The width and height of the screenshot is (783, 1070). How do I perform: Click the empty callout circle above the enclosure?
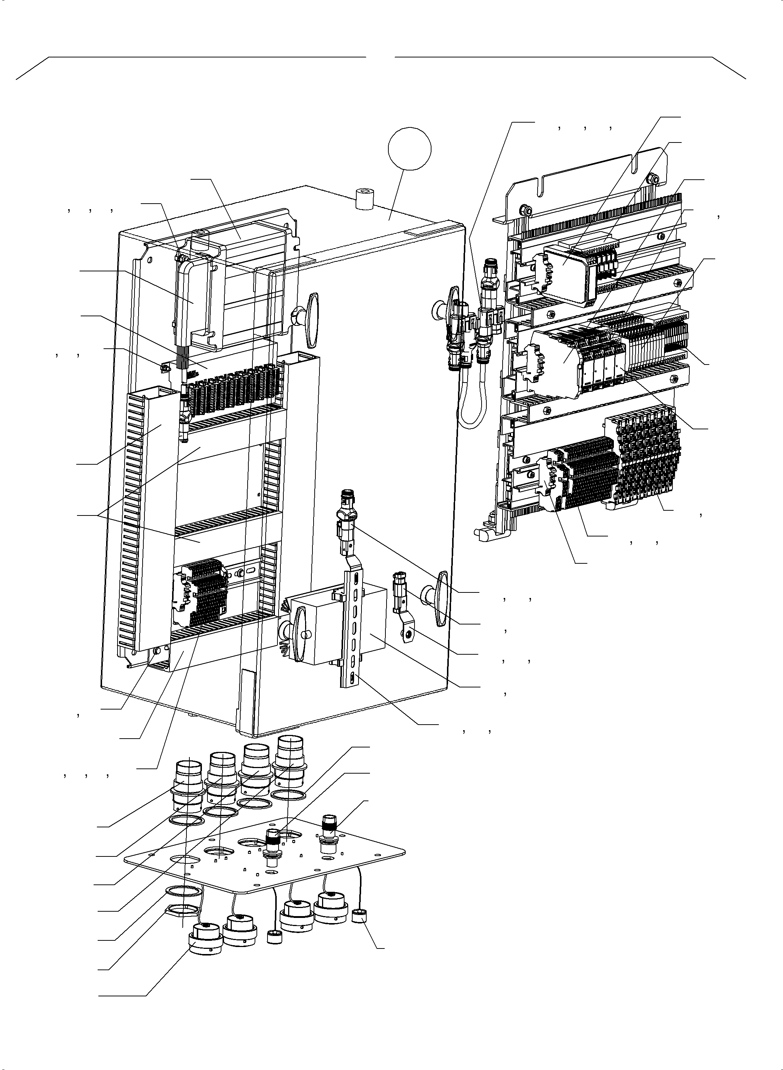(409, 148)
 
